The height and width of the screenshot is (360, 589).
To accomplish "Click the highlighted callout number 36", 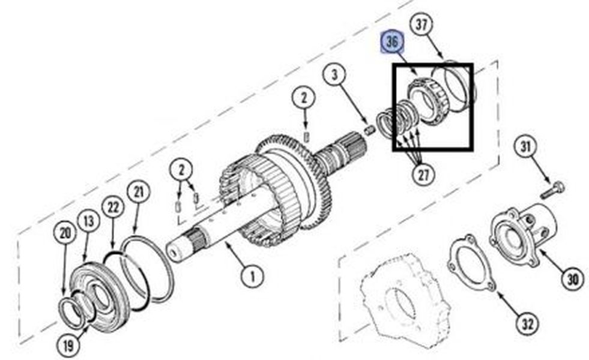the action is tap(392, 42).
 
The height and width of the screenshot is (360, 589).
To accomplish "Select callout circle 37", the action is tap(421, 25).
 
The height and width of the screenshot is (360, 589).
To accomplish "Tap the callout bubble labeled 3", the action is tap(334, 75).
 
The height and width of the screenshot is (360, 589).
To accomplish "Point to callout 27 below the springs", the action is tap(423, 174).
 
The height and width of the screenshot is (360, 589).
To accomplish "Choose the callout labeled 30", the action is tap(572, 279).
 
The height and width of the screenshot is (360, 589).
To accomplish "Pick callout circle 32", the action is tap(527, 323).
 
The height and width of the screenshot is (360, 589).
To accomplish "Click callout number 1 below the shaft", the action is tap(252, 277).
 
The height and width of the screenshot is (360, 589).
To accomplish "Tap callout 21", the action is tap(139, 192).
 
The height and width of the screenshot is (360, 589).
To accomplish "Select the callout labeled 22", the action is tap(113, 207).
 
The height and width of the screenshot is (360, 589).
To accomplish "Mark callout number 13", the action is tap(89, 221).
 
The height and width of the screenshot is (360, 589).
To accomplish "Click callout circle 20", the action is tap(65, 233).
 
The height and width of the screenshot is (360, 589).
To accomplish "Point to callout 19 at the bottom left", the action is tap(68, 345).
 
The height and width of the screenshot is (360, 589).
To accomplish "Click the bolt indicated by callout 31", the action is tap(554, 190).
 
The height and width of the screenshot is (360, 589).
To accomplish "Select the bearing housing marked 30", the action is tap(524, 235).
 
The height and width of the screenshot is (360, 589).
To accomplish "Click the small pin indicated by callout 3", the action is tap(370, 130).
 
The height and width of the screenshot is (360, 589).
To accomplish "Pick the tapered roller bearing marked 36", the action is tap(426, 100).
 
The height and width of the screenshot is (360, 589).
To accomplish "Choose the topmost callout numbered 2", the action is tap(304, 98).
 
